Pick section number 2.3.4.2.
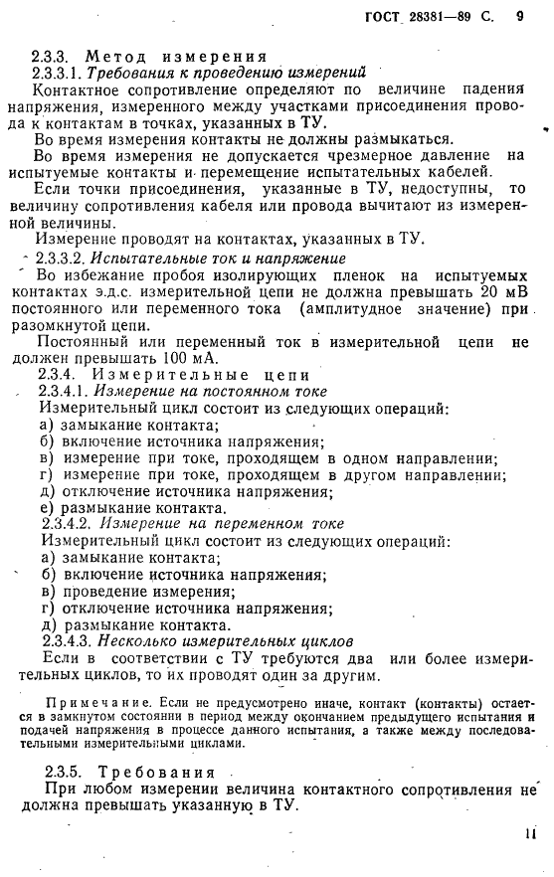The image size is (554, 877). tap(67, 523)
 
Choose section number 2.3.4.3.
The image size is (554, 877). tap(67, 641)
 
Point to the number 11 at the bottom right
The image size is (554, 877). tap(529, 837)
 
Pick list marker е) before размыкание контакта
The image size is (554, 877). tap(47, 507)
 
